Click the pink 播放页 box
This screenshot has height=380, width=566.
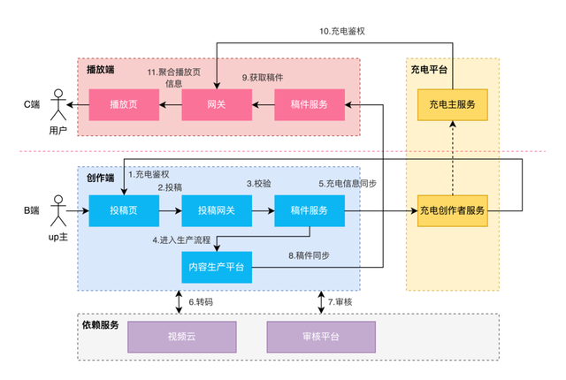click(124, 104)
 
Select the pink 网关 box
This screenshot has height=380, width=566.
click(217, 104)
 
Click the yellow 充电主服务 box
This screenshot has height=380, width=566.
click(452, 104)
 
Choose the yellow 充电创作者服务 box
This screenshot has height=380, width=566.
click(452, 211)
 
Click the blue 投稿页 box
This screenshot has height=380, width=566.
click(124, 211)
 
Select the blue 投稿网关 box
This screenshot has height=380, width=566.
click(217, 211)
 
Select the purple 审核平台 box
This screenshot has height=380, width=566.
click(321, 336)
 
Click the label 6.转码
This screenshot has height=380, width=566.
click(201, 302)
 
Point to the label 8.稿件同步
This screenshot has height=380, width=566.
click(310, 255)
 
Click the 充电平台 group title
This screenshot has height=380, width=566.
click(428, 68)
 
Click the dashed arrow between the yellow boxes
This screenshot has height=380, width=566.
click(452, 159)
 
